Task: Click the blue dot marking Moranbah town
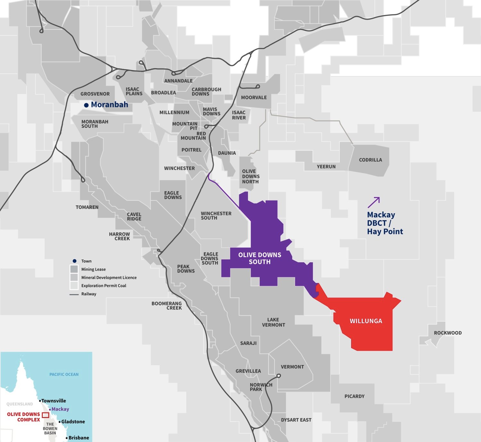[86, 105]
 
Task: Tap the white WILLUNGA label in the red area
[366, 321]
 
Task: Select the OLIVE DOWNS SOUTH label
[260, 258]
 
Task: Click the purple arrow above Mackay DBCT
[374, 202]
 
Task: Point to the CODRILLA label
[370, 160]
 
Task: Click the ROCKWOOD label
[448, 333]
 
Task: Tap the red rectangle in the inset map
[46, 415]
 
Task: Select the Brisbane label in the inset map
[79, 438]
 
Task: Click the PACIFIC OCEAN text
[64, 374]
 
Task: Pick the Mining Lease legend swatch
[74, 269]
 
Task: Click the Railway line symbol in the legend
[74, 294]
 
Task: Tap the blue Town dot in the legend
[74, 261]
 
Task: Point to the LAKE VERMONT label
[273, 322]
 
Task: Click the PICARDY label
[354, 396]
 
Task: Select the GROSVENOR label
[95, 94]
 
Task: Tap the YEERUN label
[326, 167]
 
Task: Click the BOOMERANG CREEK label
[167, 306]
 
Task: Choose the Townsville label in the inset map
[54, 401]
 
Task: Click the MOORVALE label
[254, 97]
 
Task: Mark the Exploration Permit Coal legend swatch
[74, 285]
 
